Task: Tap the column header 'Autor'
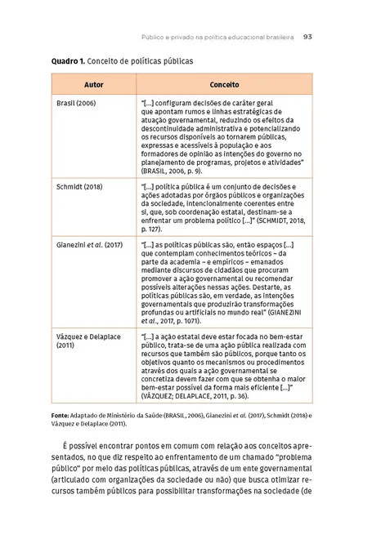pos(94,85)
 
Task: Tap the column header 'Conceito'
pos(223,85)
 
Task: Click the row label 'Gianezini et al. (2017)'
pos(89,243)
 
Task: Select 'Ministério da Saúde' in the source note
pos(144,416)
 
